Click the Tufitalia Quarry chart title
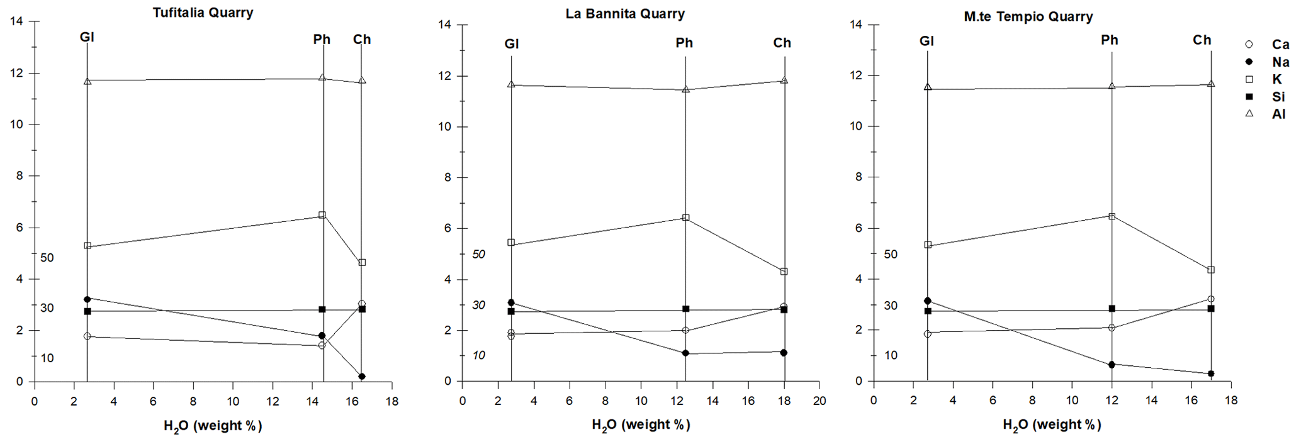pos(203,13)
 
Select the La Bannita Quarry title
pos(624,14)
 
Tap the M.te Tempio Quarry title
pos(1028,17)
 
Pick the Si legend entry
pos(1278,97)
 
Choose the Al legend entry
pos(1278,114)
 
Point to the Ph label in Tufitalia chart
pos(322,40)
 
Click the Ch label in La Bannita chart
pos(782,43)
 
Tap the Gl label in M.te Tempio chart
pos(926,41)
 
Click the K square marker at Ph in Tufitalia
pos(322,215)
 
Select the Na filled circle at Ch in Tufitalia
pos(362,377)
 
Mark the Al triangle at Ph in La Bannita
pos(685,89)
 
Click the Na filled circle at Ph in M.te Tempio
pos(1112,365)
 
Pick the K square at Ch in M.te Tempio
pos(1211,270)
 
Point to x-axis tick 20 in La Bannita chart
pos(819,401)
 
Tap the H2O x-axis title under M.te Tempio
pos(1052,426)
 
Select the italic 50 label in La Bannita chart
pos(478,255)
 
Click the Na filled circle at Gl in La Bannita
pos(511,302)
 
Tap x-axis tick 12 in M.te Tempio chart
pos(1112,401)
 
